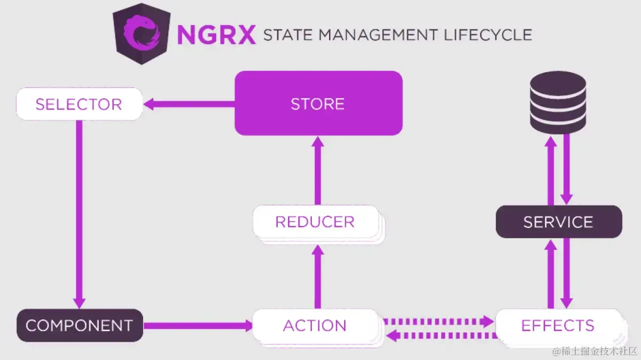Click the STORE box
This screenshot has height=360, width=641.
click(318, 103)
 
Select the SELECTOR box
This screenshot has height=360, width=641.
click(79, 104)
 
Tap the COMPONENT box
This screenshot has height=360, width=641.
click(79, 325)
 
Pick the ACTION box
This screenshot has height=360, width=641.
click(315, 325)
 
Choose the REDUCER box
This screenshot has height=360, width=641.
click(315, 222)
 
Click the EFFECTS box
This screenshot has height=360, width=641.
click(558, 325)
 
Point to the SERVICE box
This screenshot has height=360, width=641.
click(558, 222)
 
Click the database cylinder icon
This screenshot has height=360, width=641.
click(558, 103)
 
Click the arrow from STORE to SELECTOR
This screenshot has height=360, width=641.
click(190, 104)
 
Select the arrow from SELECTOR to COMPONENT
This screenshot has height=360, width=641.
click(79, 214)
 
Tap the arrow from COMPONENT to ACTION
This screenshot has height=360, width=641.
click(198, 325)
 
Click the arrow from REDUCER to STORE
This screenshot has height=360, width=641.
click(318, 171)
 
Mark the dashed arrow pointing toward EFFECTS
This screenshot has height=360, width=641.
click(438, 321)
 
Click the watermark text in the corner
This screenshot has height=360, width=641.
click(595, 351)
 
